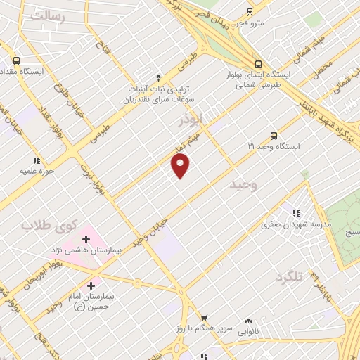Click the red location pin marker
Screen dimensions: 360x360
tap(181, 165)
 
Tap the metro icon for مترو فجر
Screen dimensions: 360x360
tap(250, 11)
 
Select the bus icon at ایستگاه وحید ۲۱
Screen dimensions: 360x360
tap(274, 136)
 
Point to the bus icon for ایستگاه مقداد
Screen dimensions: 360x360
tap(17, 60)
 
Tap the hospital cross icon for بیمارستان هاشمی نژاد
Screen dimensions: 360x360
tap(86, 238)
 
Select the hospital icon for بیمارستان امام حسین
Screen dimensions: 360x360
tap(91, 285)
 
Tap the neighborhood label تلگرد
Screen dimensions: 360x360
tap(290, 277)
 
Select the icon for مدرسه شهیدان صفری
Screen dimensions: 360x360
tap(296, 213)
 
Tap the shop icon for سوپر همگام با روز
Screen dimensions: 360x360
tap(204, 318)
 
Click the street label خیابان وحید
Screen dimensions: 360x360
tap(153, 229)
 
